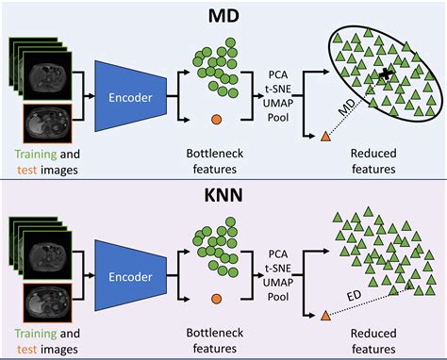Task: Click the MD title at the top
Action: [223, 13]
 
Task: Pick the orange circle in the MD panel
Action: [217, 120]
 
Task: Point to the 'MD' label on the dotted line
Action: [348, 115]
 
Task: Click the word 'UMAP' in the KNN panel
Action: [276, 280]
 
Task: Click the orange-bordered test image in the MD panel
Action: [45, 123]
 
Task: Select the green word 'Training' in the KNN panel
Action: [36, 333]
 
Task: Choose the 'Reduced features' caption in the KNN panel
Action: [376, 340]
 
